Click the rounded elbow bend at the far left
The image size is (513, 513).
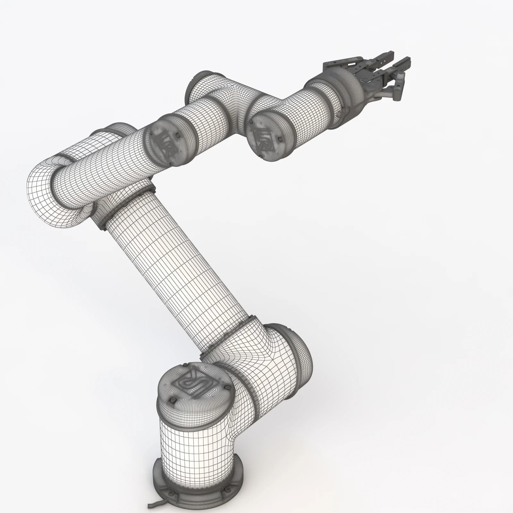click(48, 199)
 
